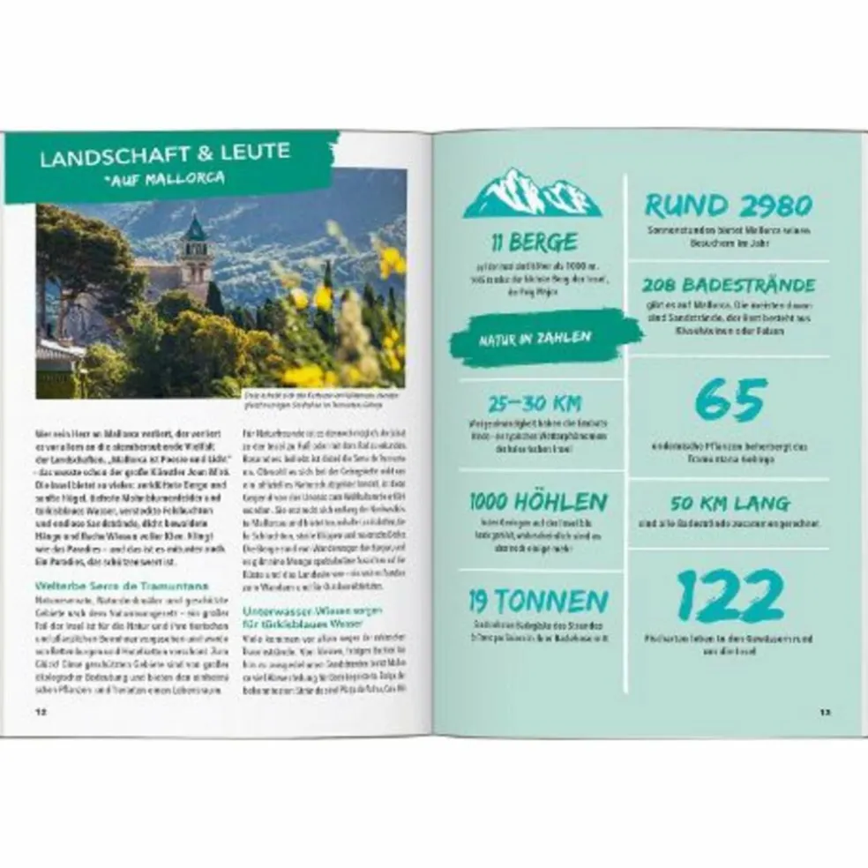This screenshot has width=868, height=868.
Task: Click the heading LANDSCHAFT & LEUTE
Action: point(165,152)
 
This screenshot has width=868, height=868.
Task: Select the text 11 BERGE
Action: point(535,242)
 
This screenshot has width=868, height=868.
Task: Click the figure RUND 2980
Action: point(728,206)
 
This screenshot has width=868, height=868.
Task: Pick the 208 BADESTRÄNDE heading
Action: point(729,286)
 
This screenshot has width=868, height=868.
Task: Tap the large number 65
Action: point(730,401)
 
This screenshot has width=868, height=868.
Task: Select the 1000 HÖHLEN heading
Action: point(538,502)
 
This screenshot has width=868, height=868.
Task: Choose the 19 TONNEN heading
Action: point(538,602)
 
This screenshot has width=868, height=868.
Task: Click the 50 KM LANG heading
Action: point(730,504)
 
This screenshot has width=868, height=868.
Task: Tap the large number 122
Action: point(730,597)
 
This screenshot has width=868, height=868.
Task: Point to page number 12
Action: point(41,711)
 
